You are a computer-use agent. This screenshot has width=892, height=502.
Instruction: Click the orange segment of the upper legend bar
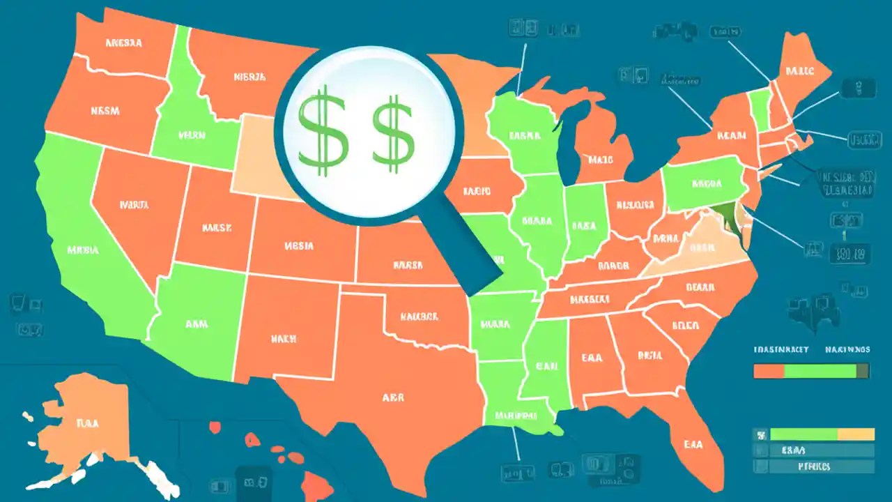769,372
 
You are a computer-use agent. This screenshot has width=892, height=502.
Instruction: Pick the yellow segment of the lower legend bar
855,434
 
